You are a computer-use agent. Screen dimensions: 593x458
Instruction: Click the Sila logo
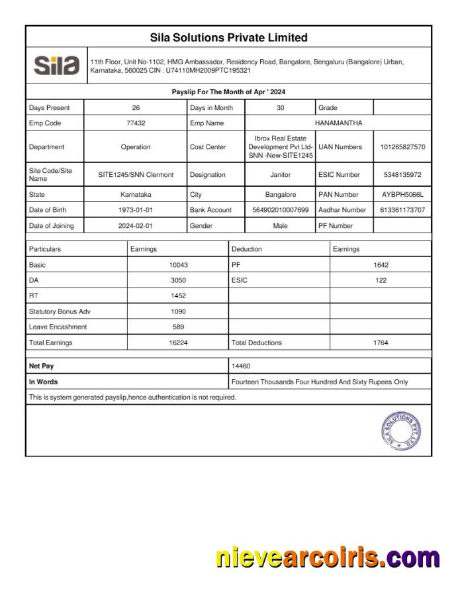pos(56,65)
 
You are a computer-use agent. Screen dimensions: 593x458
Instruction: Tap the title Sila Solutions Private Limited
pos(228,37)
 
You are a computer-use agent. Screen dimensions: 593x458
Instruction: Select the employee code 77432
pos(136,123)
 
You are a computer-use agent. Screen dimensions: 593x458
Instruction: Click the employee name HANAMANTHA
pos(338,123)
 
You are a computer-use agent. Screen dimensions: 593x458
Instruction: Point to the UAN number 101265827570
pos(402,147)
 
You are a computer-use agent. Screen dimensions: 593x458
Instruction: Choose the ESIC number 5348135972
pos(402,175)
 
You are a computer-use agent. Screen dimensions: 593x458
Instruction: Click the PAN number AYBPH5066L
pos(402,195)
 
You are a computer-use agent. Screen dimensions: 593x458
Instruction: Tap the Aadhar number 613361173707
pos(402,210)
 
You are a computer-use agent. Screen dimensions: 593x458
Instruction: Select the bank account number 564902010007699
pos(281,210)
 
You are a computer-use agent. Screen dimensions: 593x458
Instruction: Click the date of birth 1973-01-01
pos(136,210)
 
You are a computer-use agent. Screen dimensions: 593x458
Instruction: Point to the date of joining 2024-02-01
pos(136,226)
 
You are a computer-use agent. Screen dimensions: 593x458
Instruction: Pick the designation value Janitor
pos(281,175)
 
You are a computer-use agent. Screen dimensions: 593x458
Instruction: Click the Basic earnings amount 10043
pos(178,265)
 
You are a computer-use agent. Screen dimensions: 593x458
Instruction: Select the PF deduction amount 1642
pos(381,265)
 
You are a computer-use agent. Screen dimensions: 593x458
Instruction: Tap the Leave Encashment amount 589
pos(178,327)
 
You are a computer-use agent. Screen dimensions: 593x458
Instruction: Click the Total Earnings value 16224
pos(178,343)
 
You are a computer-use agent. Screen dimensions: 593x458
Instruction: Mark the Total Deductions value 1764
pos(381,343)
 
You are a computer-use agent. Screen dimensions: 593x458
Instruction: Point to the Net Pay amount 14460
pos(241,366)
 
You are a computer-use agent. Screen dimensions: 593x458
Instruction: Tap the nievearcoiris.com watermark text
pos(328,558)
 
